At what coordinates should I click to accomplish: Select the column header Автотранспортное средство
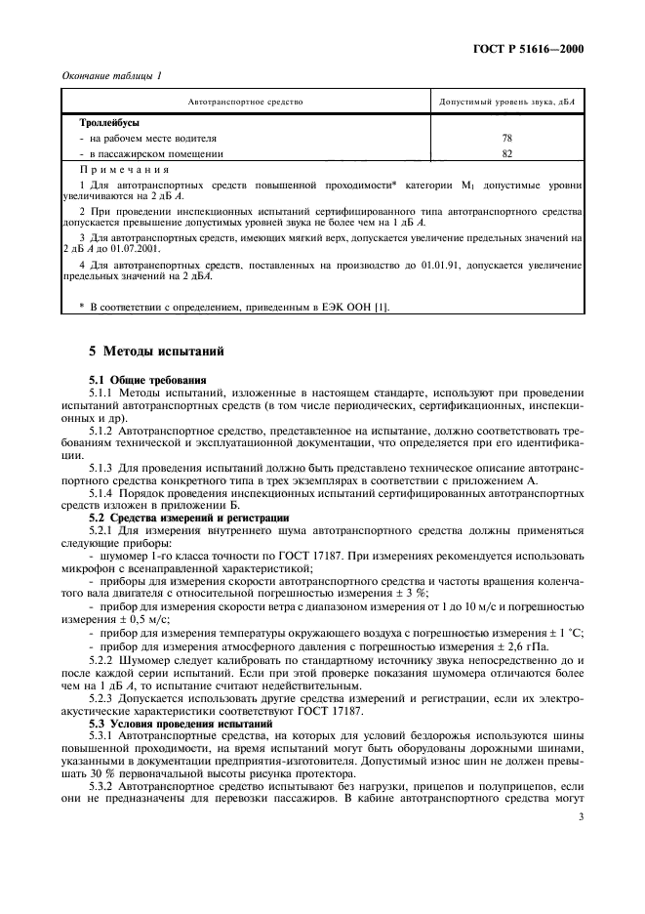pos(245,102)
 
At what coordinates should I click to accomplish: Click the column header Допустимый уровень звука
pos(505,102)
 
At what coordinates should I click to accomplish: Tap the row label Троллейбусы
pos(109,123)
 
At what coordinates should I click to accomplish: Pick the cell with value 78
pos(506,139)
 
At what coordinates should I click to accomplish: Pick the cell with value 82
pos(506,153)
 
